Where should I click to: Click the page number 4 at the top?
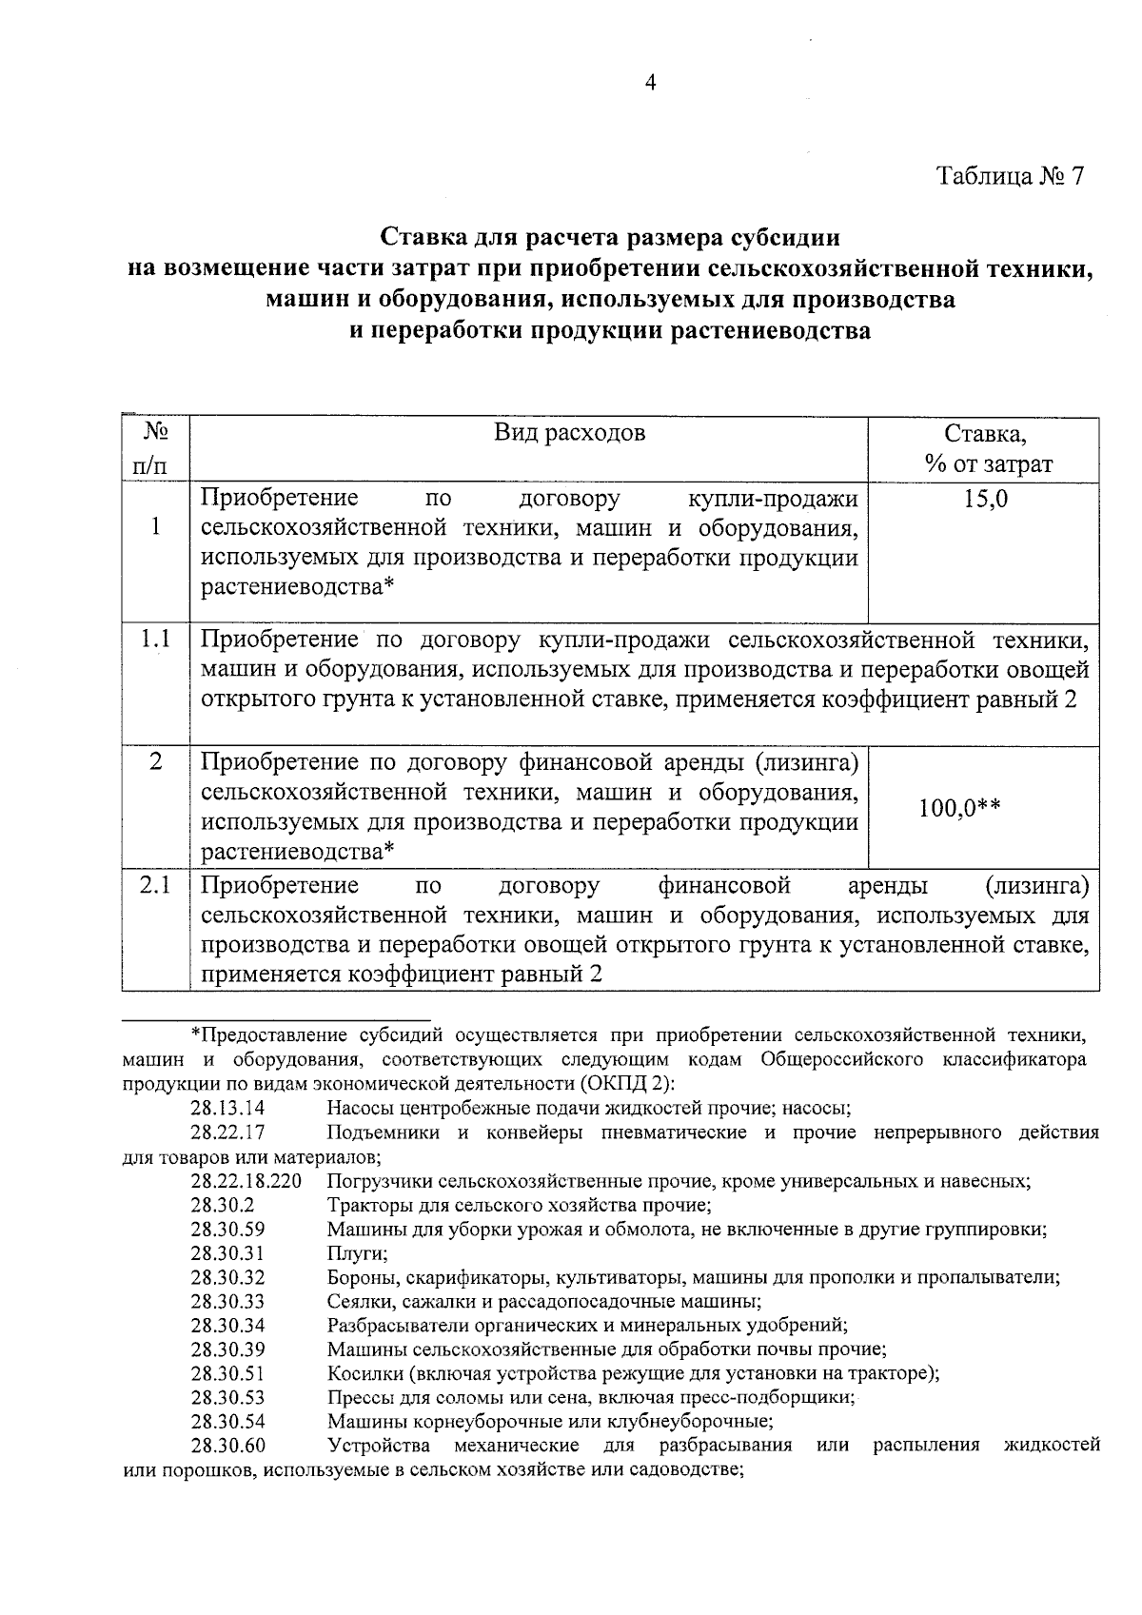[651, 84]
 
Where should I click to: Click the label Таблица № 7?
[1010, 177]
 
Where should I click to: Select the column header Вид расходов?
[569, 433]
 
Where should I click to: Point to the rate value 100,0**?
[959, 808]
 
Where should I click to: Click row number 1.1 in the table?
[155, 640]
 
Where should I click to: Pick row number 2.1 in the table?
[155, 886]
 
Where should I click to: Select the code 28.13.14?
[227, 1108]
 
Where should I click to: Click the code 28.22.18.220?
[246, 1181]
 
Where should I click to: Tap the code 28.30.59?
[227, 1230]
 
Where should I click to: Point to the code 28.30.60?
[227, 1446]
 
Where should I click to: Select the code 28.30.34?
[227, 1326]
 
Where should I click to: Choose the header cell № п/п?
[155, 448]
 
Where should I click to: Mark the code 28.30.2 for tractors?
[222, 1205]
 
